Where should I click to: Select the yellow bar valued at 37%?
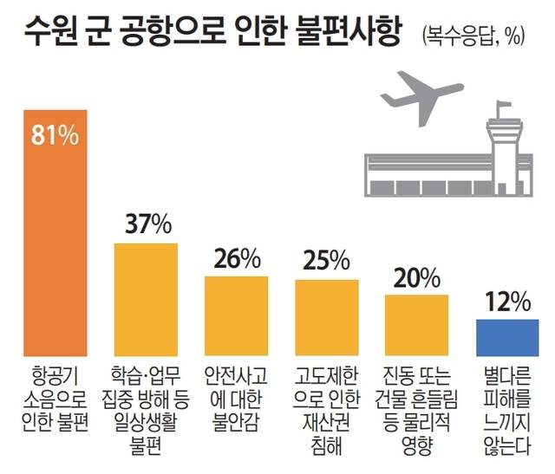(x=147, y=298)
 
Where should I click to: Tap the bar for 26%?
(x=237, y=314)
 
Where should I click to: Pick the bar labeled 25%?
(x=327, y=315)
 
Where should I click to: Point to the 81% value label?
(x=54, y=137)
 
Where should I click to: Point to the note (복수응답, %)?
(x=473, y=36)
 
